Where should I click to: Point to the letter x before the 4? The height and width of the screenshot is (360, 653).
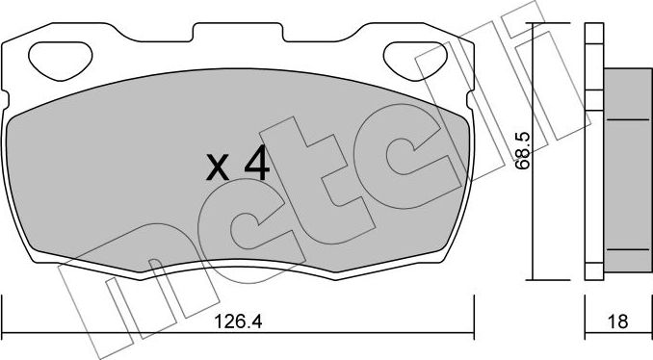point(219,170)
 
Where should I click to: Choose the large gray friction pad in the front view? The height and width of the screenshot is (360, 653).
point(144,183)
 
